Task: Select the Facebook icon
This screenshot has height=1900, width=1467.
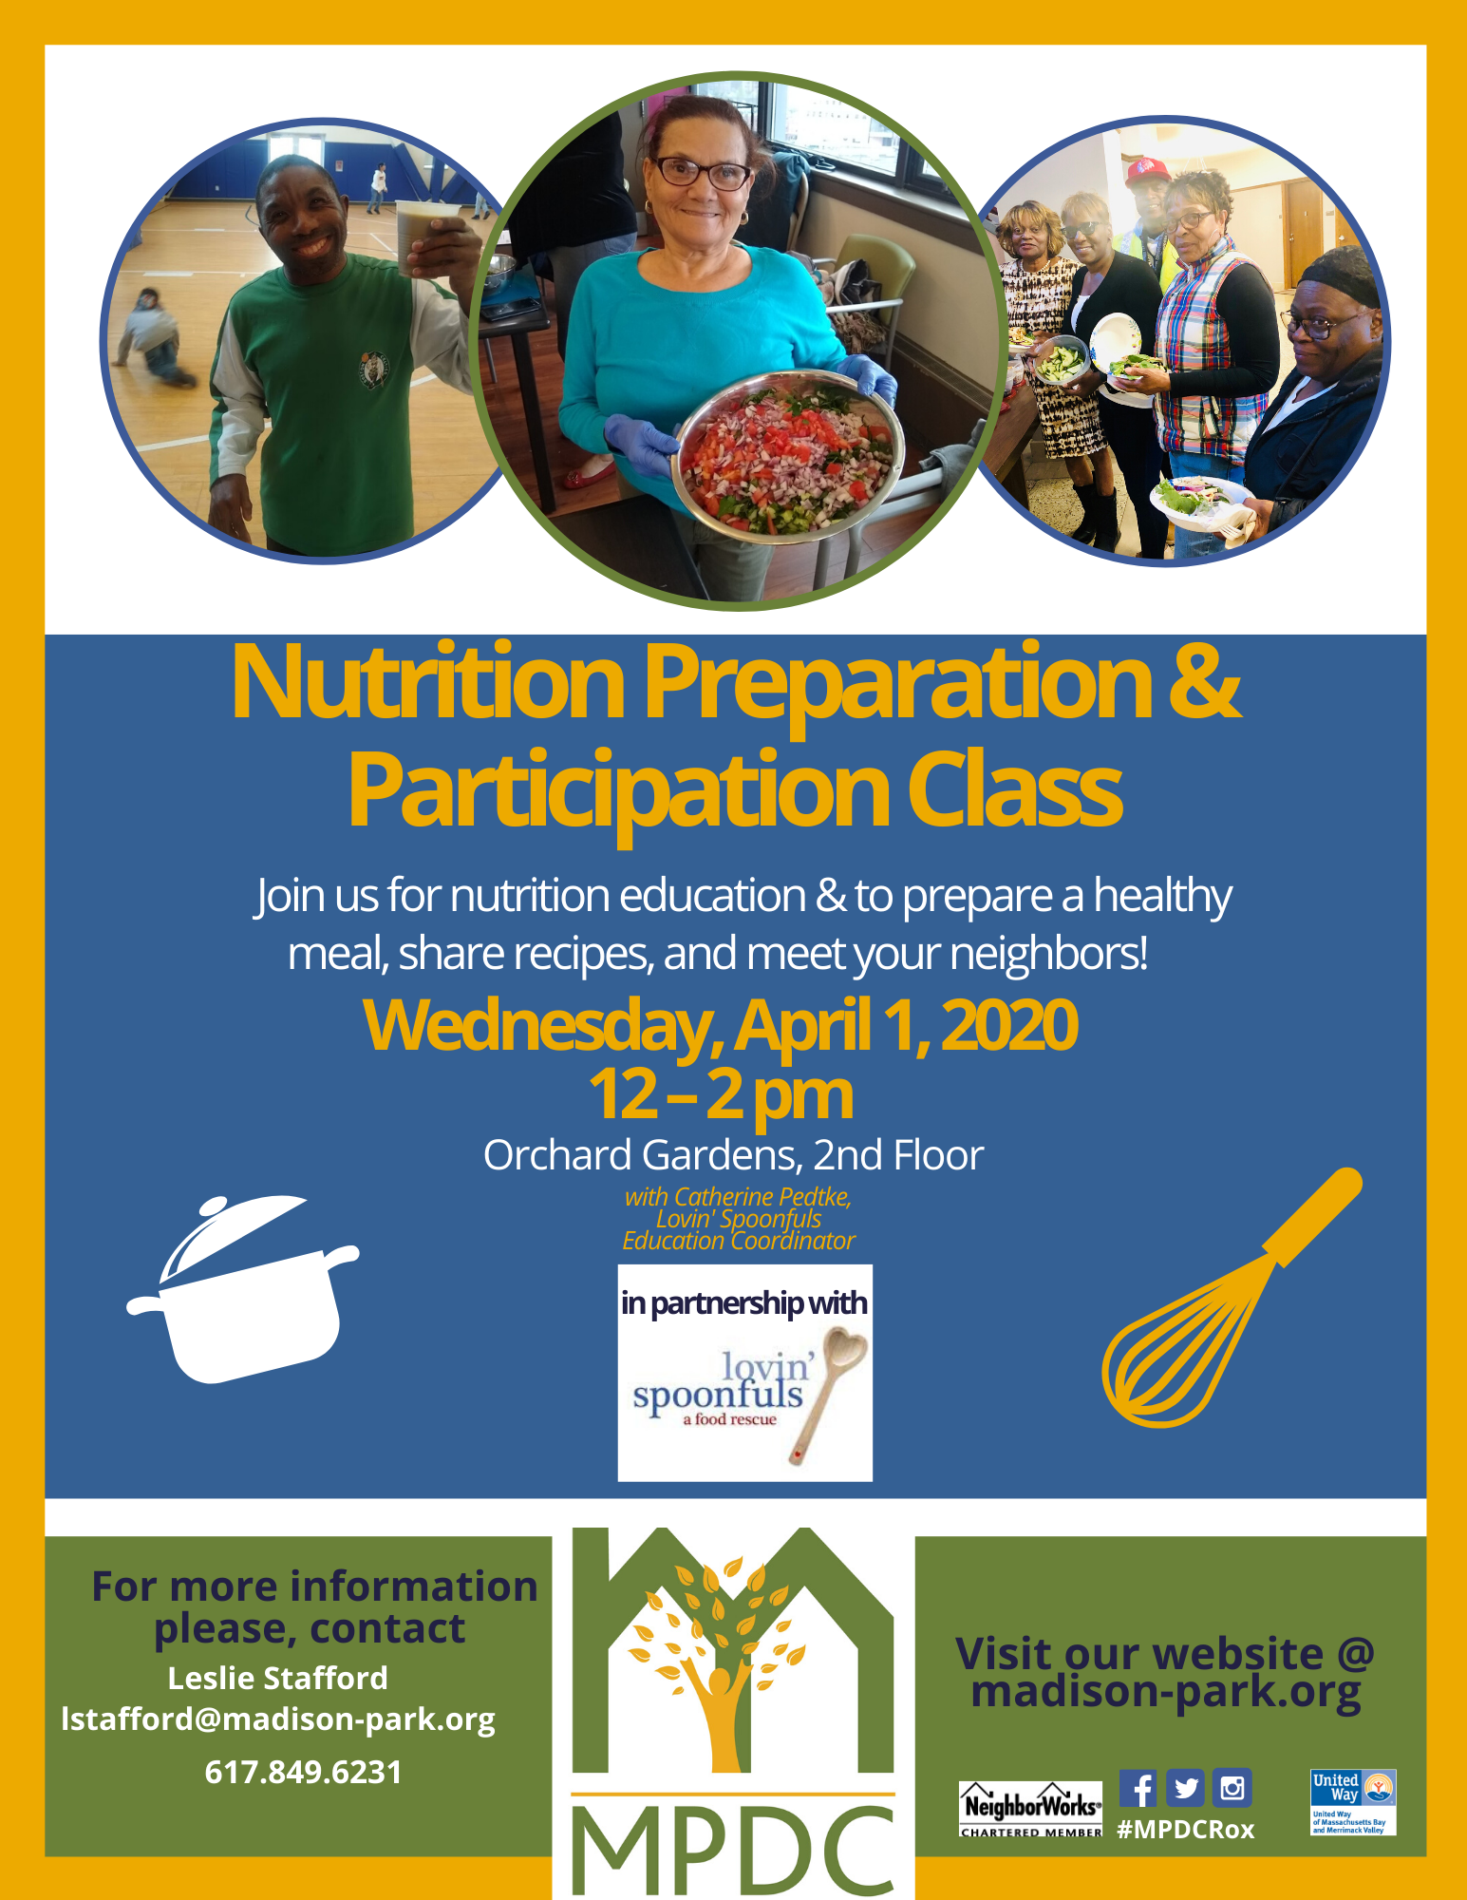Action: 1138,1788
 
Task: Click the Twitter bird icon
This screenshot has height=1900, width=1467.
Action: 1185,1788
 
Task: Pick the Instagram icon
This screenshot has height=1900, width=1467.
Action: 1232,1788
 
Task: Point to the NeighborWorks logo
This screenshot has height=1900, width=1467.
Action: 1031,1809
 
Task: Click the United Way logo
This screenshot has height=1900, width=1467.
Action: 1353,1802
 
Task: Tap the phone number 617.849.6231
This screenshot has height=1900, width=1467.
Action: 303,1773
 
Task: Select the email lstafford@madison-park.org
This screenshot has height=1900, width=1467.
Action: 278,1720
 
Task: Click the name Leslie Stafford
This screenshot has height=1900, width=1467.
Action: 277,1679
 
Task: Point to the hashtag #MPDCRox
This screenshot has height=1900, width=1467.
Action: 1186,1830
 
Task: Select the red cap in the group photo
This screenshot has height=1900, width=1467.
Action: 1146,171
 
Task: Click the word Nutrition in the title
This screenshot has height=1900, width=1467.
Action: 428,683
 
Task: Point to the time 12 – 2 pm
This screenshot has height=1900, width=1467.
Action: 721,1095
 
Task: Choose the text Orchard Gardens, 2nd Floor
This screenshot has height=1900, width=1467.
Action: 733,1155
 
